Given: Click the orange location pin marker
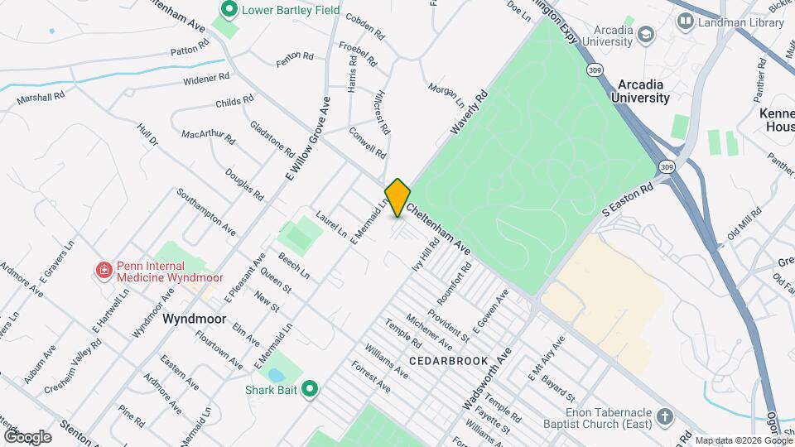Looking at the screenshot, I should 397,197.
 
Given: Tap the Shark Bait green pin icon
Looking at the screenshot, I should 310,387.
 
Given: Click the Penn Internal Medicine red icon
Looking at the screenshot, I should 104,269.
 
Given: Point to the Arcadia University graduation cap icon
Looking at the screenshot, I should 645,34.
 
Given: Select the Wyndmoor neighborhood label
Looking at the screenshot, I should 195,319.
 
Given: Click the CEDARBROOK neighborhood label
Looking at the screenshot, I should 441,362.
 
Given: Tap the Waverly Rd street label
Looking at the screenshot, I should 470,114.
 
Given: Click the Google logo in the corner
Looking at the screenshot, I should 27,436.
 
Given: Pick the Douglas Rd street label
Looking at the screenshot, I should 243,183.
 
